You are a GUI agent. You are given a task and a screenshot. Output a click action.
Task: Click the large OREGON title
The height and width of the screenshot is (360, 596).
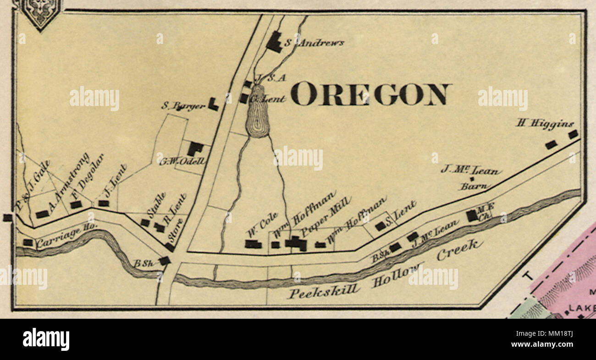[371, 94]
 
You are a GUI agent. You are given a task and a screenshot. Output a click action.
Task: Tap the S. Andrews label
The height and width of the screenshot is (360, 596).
[314, 43]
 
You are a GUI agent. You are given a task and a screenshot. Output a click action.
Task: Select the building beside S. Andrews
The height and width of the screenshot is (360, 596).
[274, 42]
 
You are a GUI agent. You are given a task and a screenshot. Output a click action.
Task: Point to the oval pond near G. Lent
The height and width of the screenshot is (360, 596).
[258, 111]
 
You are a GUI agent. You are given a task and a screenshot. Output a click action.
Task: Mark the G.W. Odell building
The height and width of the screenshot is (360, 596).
[195, 149]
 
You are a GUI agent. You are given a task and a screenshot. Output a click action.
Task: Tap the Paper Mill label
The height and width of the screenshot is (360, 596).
[326, 217]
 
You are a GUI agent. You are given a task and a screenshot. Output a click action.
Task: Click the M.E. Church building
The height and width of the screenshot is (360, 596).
[471, 216]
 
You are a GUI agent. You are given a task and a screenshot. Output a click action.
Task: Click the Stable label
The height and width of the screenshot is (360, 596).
[156, 205]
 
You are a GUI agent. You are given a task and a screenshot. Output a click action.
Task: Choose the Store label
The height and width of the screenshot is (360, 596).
[176, 230]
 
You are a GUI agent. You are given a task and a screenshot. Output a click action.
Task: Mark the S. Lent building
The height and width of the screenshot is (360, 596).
[380, 226]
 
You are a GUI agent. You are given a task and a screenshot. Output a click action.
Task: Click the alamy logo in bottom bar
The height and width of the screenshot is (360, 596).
[46, 339]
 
